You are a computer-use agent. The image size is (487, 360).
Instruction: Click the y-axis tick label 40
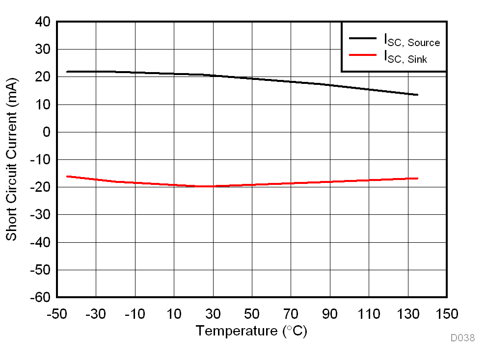point(43,22)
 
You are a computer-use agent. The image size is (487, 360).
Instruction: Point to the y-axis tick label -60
point(40,298)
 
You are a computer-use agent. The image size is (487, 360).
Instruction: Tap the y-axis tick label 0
point(47,132)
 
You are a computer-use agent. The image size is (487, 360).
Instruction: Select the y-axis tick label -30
point(40,215)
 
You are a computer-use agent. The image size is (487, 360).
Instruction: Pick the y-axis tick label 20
point(43,77)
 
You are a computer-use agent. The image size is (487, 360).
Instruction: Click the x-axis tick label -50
point(56,314)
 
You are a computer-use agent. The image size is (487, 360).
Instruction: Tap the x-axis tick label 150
point(447,314)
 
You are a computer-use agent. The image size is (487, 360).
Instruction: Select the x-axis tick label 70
point(291,314)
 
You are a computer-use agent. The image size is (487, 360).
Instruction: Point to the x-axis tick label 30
point(213,314)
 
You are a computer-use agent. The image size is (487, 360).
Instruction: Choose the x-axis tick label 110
point(369,314)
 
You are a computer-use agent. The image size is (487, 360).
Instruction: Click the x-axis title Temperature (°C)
point(251,331)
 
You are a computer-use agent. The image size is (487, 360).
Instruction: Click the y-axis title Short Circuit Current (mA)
point(11,159)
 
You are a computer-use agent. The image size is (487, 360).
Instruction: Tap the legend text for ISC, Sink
point(406,57)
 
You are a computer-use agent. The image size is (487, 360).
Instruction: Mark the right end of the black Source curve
point(418,95)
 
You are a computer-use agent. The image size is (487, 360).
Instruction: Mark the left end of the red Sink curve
point(67,176)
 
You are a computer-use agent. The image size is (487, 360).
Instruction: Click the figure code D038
point(462,338)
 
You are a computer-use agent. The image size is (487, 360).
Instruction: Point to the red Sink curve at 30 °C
point(213,186)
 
